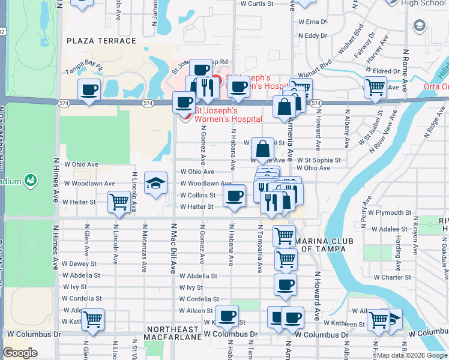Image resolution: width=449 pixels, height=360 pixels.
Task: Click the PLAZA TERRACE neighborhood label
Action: pos(101,41)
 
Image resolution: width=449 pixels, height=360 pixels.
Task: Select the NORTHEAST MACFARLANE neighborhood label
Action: pos(172,334)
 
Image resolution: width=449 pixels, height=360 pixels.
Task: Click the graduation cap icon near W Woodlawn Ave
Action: pos(155,182)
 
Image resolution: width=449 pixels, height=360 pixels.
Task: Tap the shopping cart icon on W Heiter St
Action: pos(119,202)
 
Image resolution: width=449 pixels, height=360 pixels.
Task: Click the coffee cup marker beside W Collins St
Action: pos(234,195)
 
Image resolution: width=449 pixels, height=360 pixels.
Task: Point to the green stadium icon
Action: pos(29,179)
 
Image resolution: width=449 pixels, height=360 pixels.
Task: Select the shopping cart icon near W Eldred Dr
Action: pos(375,86)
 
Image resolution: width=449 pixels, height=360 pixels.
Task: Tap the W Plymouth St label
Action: pos(390,213)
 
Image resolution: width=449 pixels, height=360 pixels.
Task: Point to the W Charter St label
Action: pos(392,278)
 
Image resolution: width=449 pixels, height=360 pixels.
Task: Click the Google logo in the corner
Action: pos(20,353)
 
